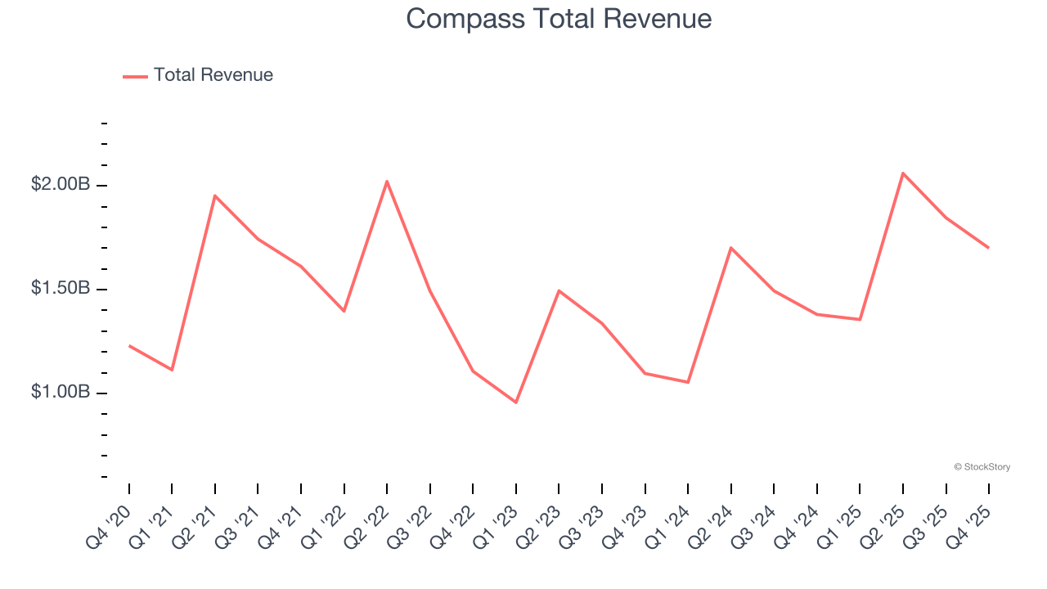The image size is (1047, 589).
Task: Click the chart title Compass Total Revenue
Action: click(559, 19)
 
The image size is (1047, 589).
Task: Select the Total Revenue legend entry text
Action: click(213, 75)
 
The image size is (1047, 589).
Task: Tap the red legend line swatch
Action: click(135, 76)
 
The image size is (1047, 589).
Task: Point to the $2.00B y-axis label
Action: click(61, 185)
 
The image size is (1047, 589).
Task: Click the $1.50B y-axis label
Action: click(61, 289)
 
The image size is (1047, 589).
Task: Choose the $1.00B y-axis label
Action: click(61, 393)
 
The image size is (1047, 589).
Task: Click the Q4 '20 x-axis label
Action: click(109, 528)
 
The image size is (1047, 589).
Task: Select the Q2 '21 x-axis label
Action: click(195, 528)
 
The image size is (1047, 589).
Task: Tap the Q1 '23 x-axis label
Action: click(496, 528)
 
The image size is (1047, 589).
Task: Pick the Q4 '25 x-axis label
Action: click(968, 528)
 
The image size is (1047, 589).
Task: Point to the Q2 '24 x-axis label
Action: click(711, 528)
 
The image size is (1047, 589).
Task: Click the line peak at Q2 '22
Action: click(387, 181)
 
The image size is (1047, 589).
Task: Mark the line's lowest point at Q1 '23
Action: click(516, 402)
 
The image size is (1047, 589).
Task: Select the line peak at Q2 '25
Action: click(903, 173)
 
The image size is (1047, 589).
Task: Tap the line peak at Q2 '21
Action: click(215, 196)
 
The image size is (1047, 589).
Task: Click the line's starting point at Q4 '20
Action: click(129, 346)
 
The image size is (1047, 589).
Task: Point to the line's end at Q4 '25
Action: click(988, 247)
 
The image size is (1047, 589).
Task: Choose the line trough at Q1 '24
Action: click(688, 382)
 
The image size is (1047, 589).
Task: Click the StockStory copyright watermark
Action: click(982, 467)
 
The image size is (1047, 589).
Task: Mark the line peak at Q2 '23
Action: click(559, 290)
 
